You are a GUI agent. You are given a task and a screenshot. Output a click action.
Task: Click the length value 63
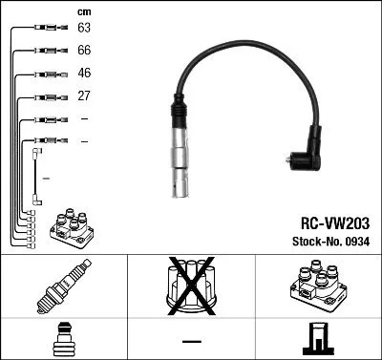[x=84, y=28]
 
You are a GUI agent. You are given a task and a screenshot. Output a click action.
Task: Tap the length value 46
[x=84, y=73]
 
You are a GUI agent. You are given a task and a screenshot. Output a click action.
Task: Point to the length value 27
[x=84, y=95]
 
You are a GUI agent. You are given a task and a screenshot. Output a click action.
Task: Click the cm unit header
[x=83, y=11]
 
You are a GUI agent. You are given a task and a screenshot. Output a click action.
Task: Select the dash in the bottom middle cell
[x=190, y=339]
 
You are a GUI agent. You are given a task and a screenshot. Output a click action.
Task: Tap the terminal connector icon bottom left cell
[x=63, y=338]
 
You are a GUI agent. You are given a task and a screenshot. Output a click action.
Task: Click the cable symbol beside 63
[x=49, y=28]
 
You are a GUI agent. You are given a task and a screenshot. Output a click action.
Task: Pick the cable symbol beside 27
[x=49, y=95]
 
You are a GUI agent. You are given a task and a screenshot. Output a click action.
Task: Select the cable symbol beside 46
[x=49, y=73]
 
